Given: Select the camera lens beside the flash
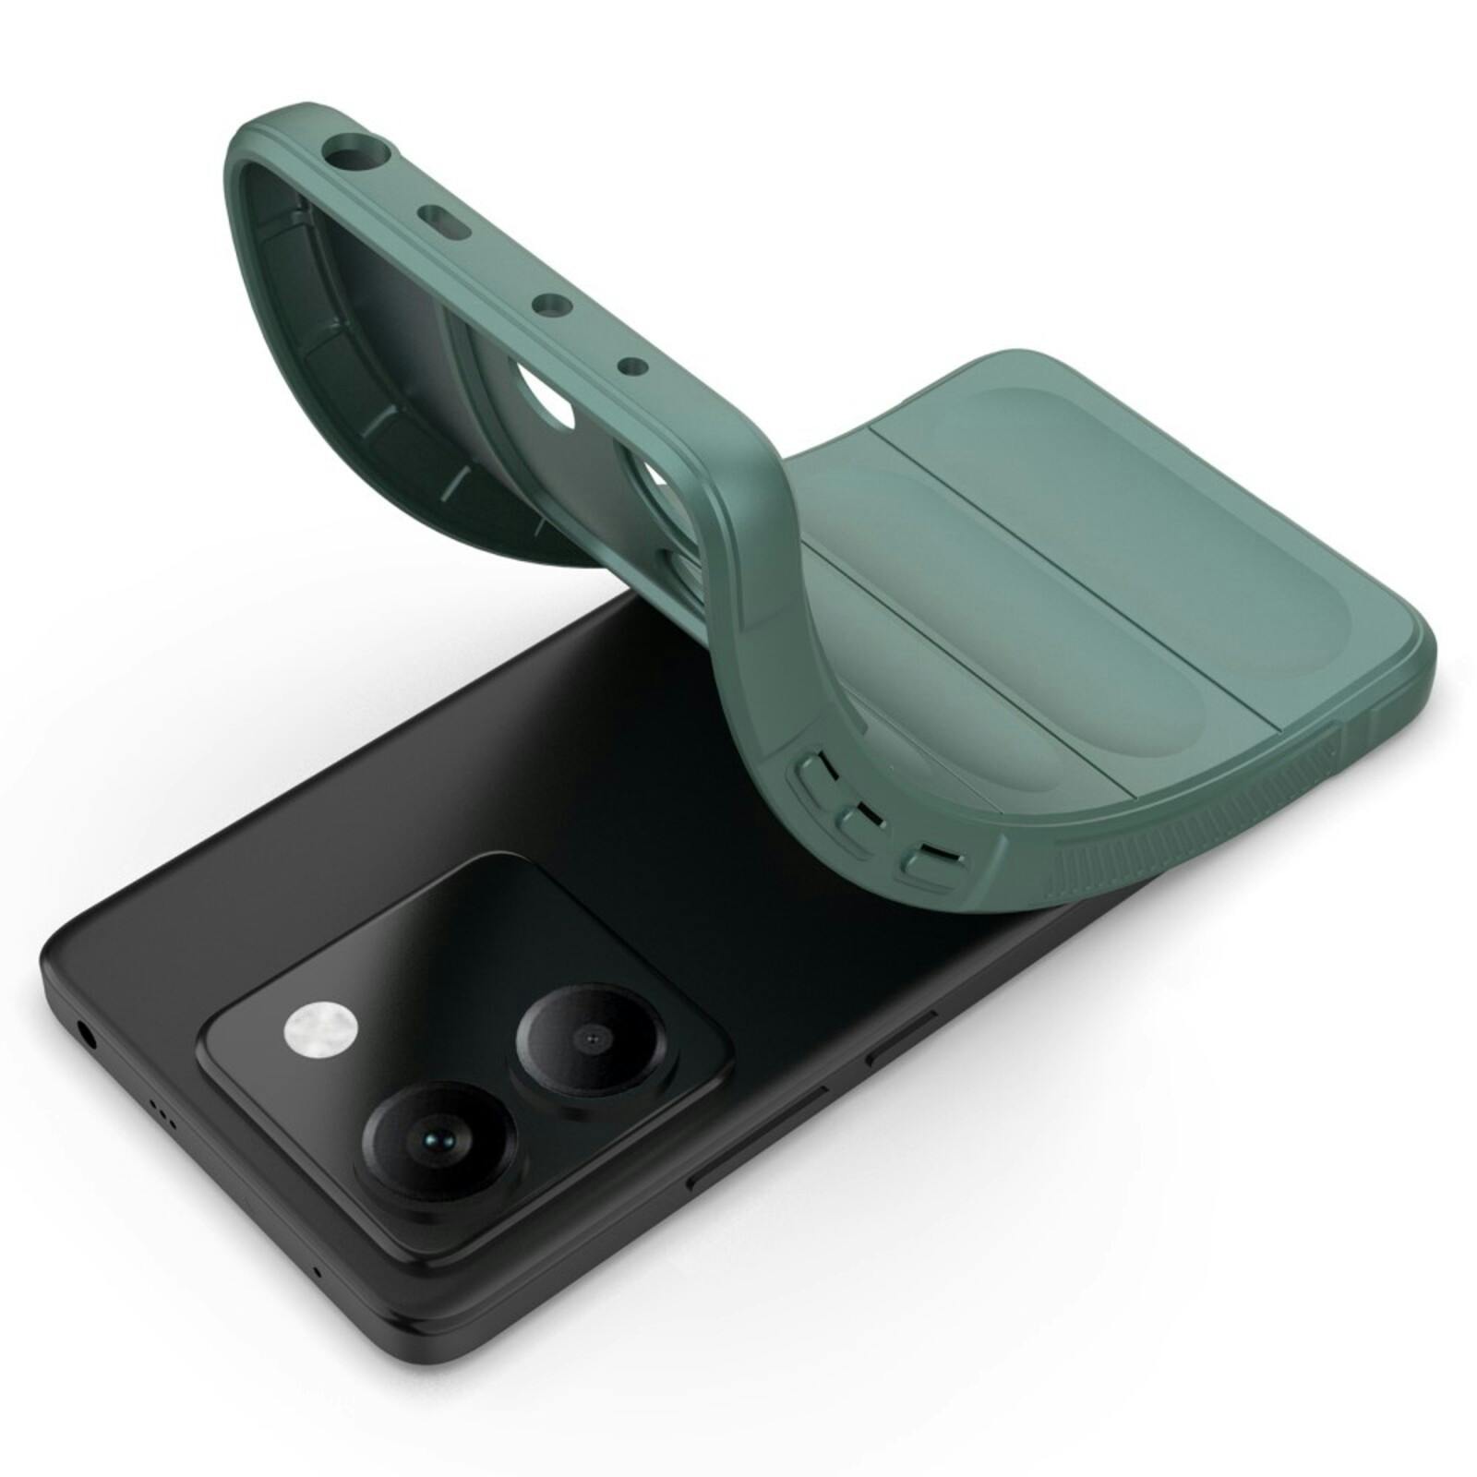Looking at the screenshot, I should (x=590, y=1040).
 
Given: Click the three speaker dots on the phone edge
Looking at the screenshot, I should (x=163, y=1119).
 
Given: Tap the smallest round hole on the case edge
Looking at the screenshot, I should (x=631, y=367).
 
